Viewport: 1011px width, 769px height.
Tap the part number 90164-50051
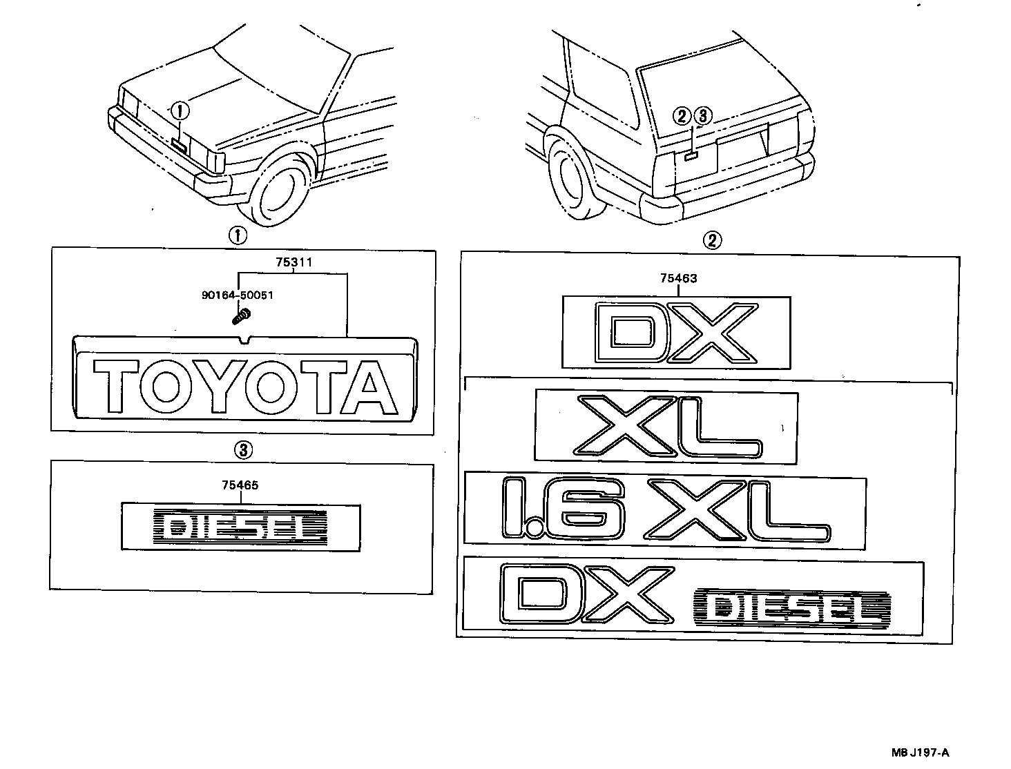coord(238,295)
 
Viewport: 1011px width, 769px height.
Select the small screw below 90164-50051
coord(241,317)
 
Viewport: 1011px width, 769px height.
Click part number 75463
coord(678,279)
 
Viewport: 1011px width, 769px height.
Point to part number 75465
coord(240,485)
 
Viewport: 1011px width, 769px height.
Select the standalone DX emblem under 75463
coord(675,333)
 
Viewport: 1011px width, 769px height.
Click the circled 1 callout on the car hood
coord(180,109)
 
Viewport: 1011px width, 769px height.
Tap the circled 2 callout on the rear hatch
coord(682,115)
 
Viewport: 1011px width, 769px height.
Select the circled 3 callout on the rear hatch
coord(701,115)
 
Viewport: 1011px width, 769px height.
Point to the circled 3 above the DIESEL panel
coord(242,451)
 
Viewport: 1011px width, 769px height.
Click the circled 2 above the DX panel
coord(712,240)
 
